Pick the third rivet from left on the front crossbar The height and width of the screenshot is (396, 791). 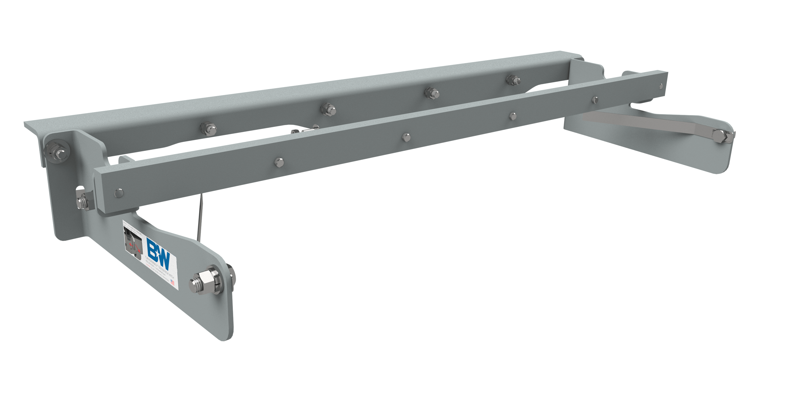406,137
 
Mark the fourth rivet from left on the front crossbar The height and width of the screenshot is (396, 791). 512,116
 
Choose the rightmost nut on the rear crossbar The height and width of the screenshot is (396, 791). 513,80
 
